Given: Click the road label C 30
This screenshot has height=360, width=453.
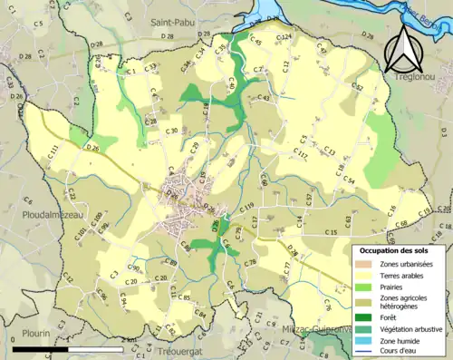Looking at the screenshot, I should click(x=170, y=131).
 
